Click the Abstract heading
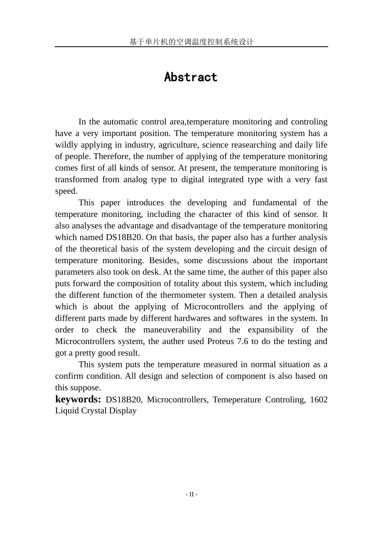191,77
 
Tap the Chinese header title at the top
191,42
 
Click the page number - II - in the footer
191,494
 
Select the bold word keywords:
78,399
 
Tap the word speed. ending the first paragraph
66,191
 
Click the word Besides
163,261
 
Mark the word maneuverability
172,330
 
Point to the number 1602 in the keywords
318,400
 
